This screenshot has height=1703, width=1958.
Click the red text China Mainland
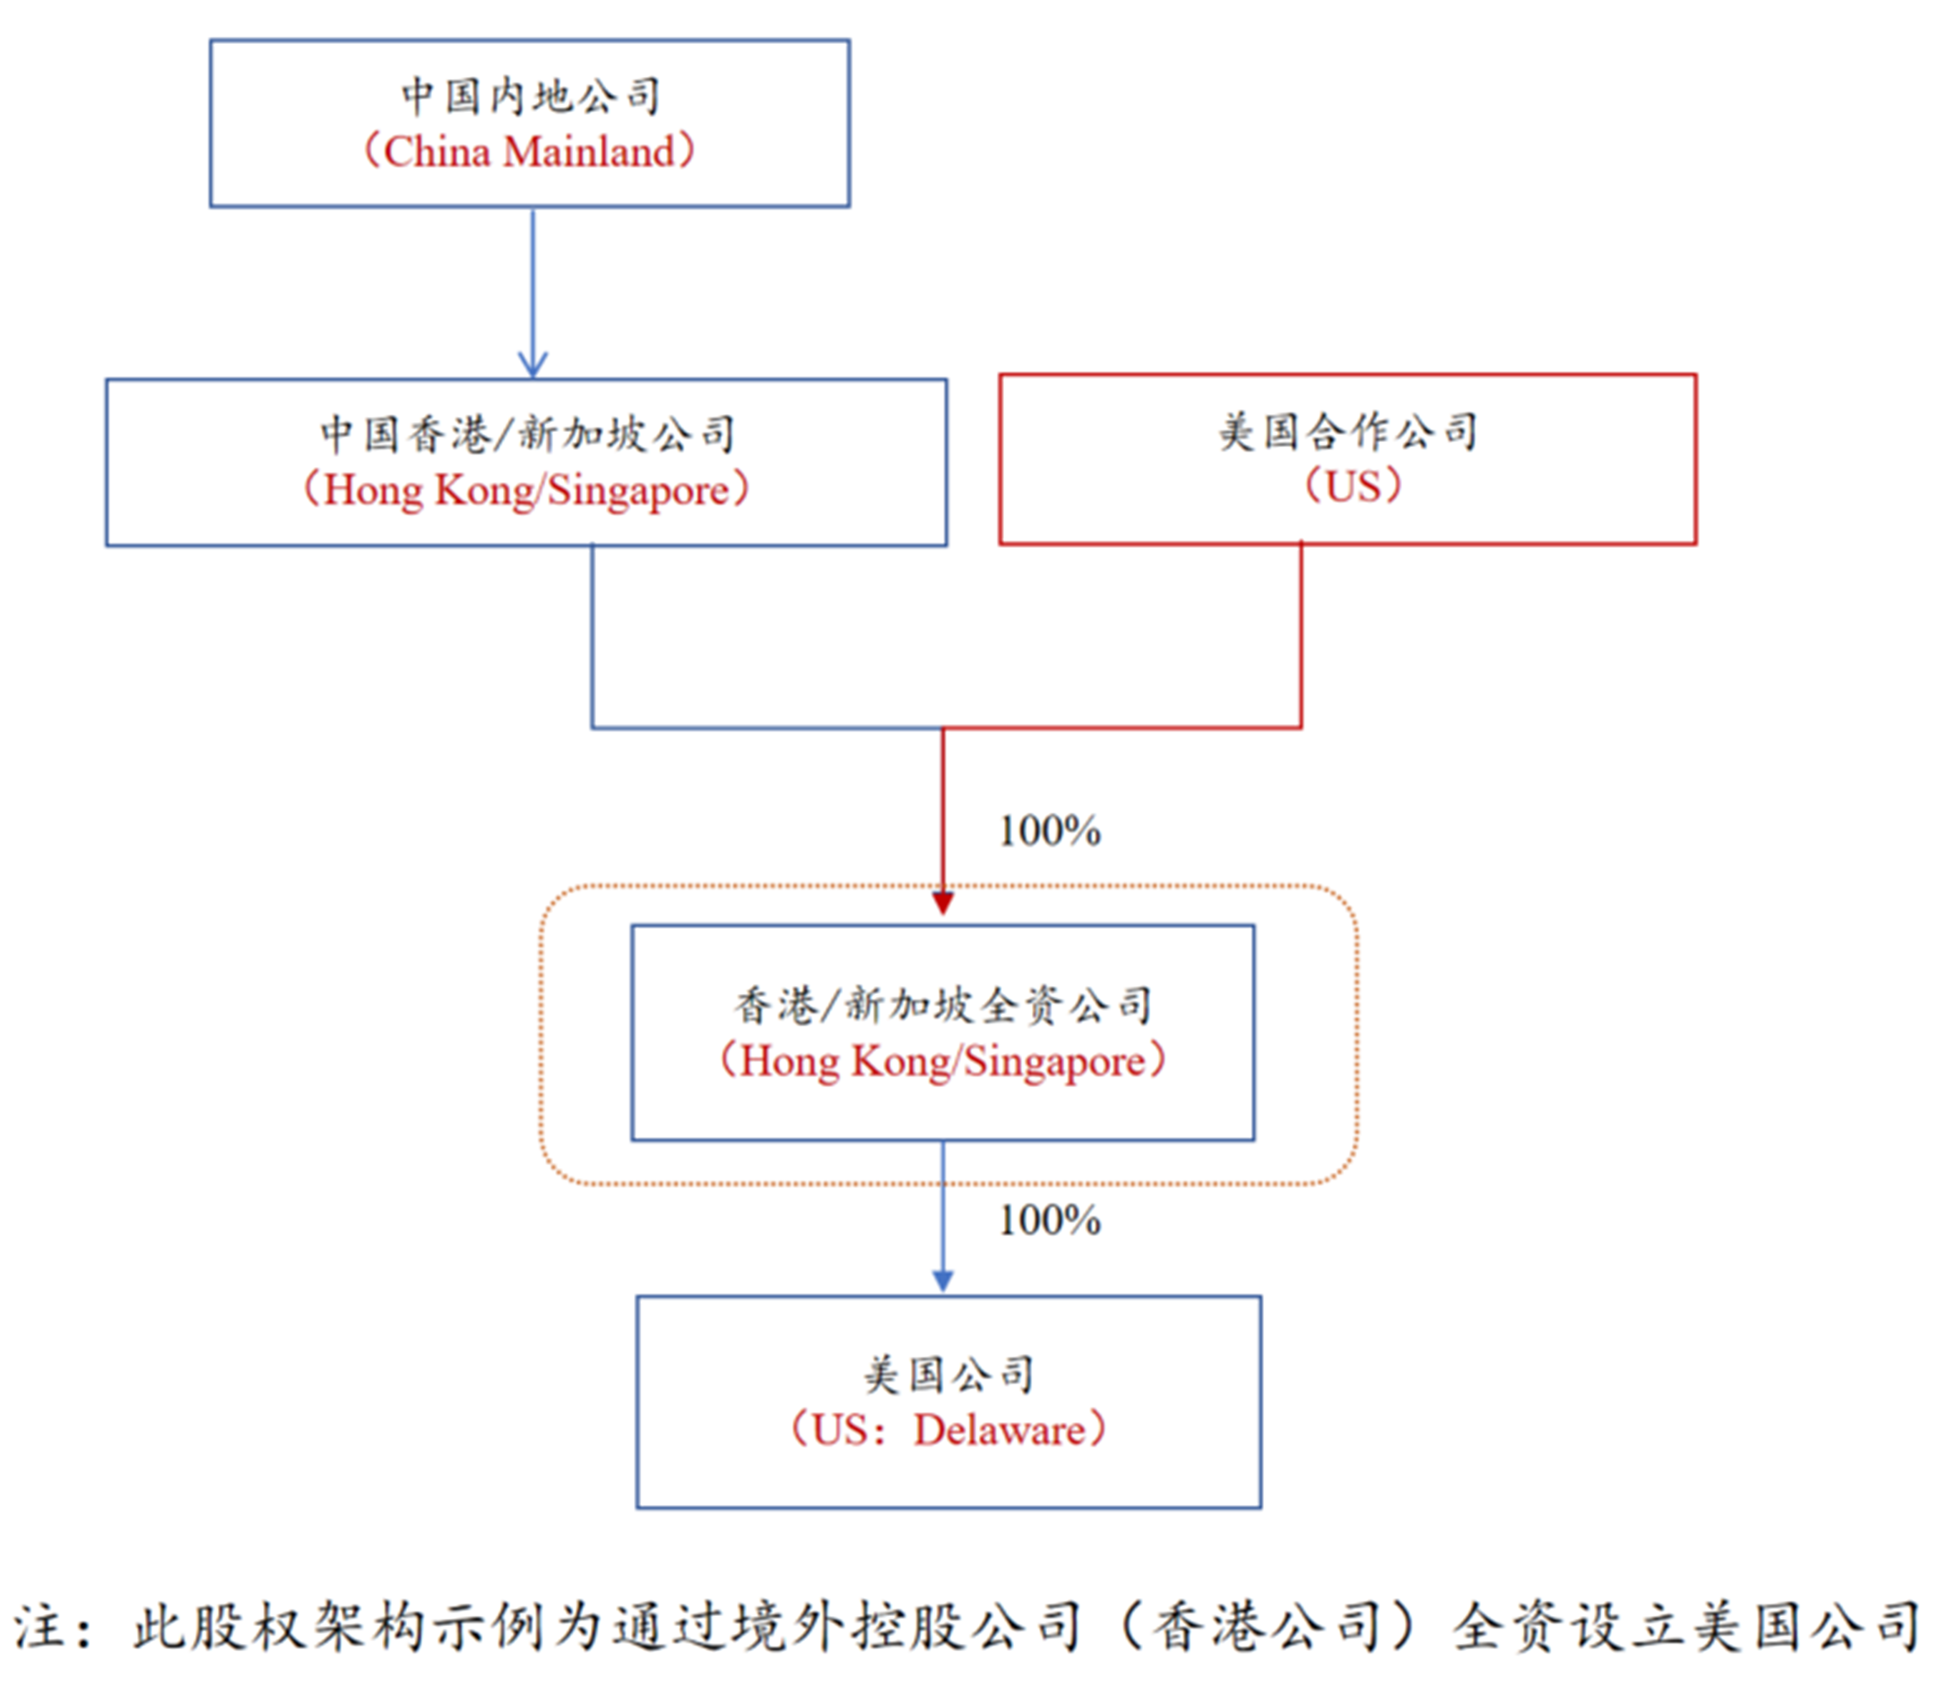pos(530,152)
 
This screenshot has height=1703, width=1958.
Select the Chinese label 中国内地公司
pos(531,96)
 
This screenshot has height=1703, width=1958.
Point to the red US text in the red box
pos(1353,487)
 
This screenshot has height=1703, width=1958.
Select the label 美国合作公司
pos(1348,431)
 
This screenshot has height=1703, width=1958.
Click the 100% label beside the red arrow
pos(1049,831)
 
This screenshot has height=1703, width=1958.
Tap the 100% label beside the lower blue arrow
pos(1049,1220)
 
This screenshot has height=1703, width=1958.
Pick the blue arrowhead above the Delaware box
pos(943,1280)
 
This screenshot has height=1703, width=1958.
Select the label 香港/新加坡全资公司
pos(943,1006)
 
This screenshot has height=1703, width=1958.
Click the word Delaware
pos(999,1431)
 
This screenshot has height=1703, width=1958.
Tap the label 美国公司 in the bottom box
pos(949,1375)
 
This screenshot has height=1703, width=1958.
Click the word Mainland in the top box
pos(589,152)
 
